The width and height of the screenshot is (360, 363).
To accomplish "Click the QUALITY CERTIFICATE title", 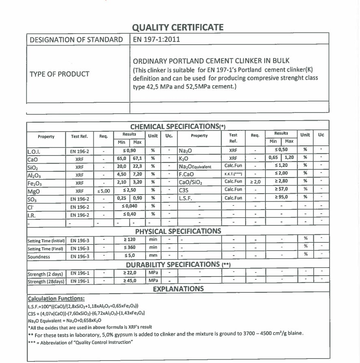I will click(178, 28).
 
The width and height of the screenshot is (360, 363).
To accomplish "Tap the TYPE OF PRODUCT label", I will click(59, 74).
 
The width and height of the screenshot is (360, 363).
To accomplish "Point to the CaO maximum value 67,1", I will click(137, 158).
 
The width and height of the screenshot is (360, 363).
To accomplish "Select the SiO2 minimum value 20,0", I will click(121, 166).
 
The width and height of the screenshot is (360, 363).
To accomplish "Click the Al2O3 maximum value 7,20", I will click(137, 174).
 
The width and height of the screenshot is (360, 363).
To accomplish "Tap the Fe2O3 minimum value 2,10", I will click(121, 182).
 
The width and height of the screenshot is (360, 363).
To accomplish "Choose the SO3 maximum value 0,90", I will click(137, 198).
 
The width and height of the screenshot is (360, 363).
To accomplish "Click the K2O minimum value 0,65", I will click(273, 157).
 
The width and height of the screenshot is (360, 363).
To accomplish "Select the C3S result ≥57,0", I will click(281, 189).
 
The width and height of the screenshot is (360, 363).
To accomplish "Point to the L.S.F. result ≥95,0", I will click(281, 197).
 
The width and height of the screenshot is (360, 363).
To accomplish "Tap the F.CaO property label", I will click(187, 173).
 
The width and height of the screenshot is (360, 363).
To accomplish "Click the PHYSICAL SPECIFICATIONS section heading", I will click(178, 231).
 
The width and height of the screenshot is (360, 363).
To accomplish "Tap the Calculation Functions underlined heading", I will click(56, 298).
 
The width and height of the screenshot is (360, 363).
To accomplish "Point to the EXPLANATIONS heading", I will click(178, 289).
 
